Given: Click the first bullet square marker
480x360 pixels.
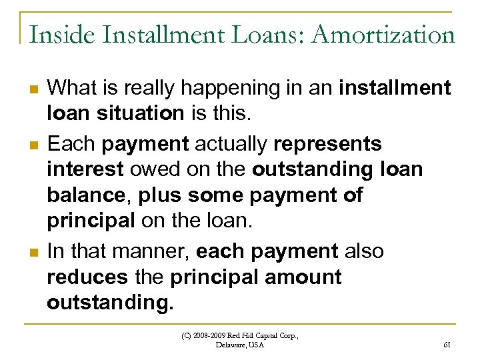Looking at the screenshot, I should click(x=31, y=89).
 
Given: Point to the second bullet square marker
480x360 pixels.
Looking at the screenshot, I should click(x=31, y=145).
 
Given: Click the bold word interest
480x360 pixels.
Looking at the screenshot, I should click(x=85, y=170).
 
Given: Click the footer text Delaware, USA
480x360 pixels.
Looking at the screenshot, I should click(x=240, y=345).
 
